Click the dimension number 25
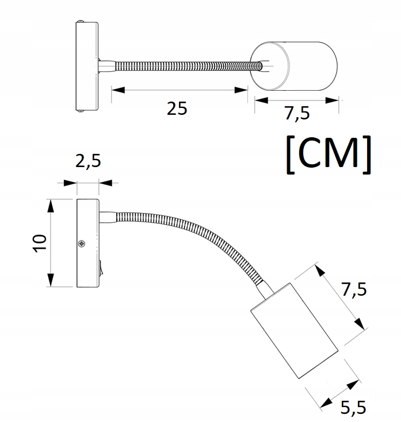point(177,108)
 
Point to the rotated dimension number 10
point(39,243)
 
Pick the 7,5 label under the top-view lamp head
point(297,114)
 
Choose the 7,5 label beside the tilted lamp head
point(353,290)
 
